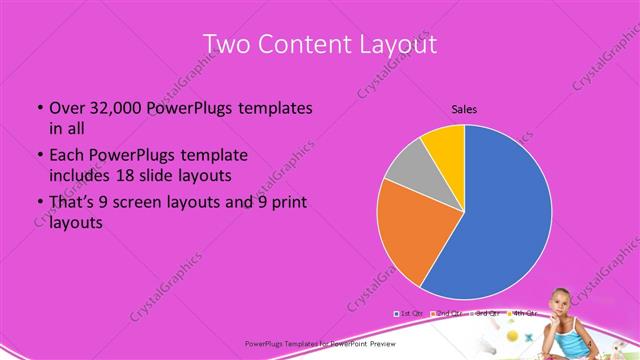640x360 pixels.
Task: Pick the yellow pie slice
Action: point(442,144)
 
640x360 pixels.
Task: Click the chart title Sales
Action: point(464,108)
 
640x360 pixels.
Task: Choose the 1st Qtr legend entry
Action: point(410,314)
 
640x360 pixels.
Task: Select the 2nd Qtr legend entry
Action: point(449,314)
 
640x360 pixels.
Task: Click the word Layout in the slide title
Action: point(395,45)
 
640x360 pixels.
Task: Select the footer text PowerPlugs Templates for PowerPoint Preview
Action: point(319,343)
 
